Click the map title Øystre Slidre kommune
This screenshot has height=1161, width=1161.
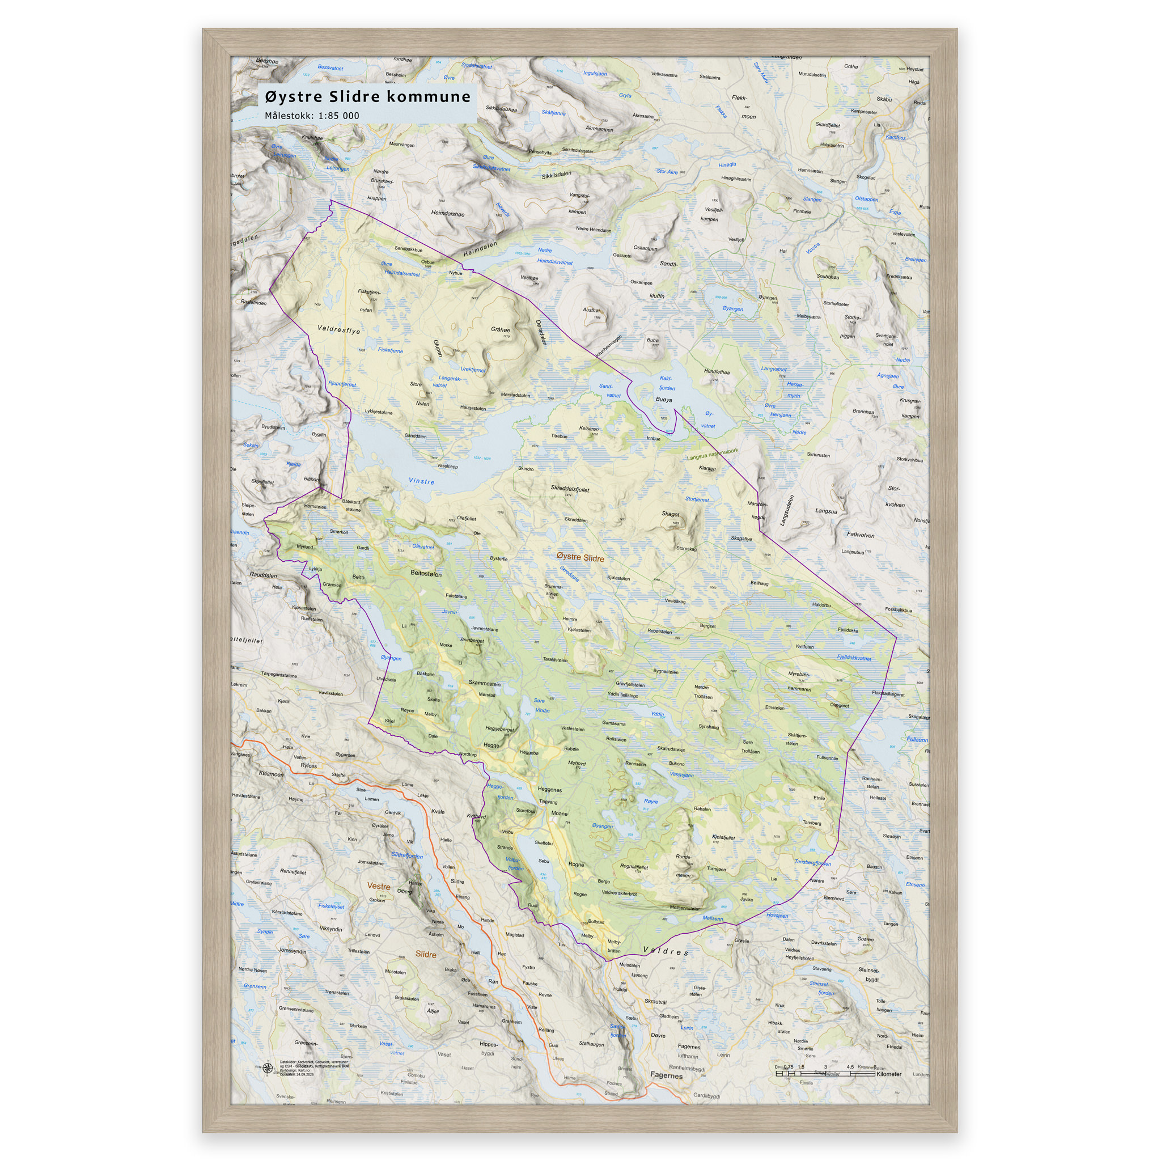368,97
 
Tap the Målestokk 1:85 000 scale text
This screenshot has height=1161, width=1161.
312,116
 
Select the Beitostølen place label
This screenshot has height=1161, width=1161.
426,573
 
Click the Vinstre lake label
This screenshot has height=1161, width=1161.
421,481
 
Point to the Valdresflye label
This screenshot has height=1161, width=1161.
339,330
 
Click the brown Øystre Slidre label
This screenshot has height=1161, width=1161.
580,557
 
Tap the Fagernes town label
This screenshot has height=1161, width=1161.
666,1075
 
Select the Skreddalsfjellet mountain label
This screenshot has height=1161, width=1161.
570,489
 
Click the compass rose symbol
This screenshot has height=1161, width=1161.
268,1068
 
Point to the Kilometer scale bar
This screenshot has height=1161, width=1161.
827,1073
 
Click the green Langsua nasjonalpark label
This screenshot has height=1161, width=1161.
712,454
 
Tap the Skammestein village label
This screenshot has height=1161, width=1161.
484,683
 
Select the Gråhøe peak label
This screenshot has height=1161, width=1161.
500,329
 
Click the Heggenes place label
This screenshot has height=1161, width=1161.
549,790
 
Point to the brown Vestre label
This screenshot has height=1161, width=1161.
379,886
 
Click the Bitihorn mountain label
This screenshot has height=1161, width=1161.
312,479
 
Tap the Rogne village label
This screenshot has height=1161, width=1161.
576,864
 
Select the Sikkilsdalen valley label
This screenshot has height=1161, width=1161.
557,175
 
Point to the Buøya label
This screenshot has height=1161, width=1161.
664,399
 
